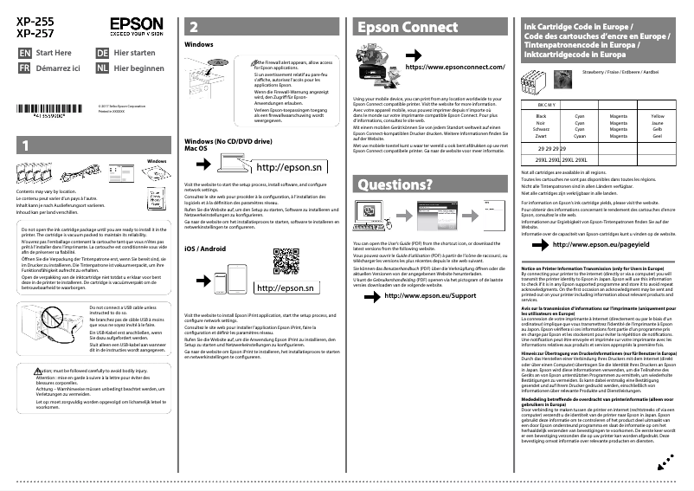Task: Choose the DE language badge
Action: pos(103,52)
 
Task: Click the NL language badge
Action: pos(103,68)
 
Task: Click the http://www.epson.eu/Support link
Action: pos(429,295)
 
